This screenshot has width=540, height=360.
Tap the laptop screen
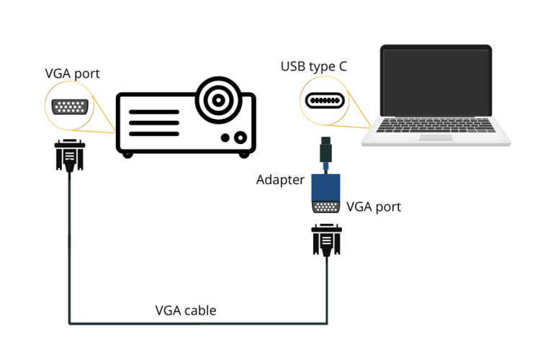point(436,86)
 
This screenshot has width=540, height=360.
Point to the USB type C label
point(314,67)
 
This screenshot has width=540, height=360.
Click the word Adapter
point(280,180)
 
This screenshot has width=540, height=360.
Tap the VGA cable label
point(186,310)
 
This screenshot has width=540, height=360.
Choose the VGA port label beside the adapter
point(374,207)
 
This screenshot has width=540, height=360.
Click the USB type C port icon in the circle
point(325,101)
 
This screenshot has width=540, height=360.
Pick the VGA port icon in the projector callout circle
point(71,107)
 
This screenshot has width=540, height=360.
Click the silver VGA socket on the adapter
point(325,207)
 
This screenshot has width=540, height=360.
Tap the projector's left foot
point(127,154)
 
